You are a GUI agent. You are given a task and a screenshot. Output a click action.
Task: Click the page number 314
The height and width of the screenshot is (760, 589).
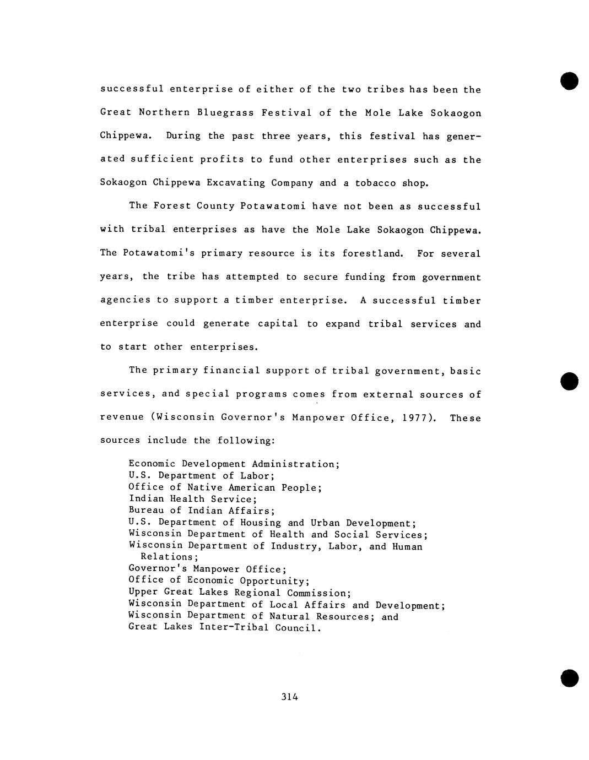coord(289,697)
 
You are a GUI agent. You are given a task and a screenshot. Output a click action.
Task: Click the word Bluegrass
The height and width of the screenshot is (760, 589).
coord(225,113)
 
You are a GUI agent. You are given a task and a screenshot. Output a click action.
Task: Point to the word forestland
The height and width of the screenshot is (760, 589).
coord(372,253)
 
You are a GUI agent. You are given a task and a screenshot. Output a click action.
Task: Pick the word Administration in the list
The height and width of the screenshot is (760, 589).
coord(295,464)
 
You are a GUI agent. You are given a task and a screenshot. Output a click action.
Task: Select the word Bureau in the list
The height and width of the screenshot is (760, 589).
coord(146,511)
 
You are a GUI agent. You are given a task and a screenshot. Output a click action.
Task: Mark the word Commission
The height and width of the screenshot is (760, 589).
coord(318,593)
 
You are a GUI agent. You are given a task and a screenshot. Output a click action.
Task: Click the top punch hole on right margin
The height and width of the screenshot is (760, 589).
coord(570,80)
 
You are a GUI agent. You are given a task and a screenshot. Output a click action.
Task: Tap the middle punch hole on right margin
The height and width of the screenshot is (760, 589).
coord(570,381)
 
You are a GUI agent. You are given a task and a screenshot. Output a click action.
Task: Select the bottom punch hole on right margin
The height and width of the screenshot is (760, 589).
coord(570,678)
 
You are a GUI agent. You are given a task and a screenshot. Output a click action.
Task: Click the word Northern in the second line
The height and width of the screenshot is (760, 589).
coord(164,113)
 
